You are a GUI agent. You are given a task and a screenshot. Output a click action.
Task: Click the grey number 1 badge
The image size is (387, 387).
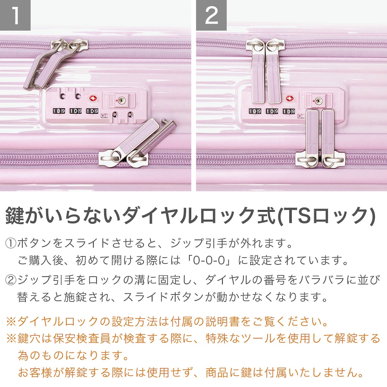(15, 15)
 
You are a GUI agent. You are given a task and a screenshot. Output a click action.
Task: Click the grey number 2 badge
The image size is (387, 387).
(212, 15)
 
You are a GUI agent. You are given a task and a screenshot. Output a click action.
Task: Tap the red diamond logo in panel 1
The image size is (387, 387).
(93, 99)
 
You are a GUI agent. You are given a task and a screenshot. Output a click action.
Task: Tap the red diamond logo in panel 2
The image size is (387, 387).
(289, 99)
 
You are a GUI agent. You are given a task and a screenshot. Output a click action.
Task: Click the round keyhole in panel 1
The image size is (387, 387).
(122, 100)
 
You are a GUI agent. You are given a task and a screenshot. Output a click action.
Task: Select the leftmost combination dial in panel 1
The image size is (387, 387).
(59, 111)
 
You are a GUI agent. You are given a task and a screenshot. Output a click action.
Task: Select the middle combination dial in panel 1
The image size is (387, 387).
(75, 111)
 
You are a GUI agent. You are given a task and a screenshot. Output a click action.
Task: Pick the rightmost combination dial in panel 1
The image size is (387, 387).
(92, 111)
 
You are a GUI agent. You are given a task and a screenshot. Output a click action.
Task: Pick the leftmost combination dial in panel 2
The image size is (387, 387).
(255, 111)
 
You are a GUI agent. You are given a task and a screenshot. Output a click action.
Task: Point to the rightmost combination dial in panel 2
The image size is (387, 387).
(289, 111)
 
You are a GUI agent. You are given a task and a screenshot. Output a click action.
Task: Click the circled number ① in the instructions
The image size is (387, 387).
(11, 244)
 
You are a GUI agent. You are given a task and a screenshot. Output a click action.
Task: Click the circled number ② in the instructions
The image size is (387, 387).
(11, 280)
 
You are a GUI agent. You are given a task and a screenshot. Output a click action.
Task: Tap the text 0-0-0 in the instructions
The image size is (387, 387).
(209, 260)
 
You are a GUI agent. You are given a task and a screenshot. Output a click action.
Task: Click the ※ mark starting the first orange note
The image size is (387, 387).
(11, 322)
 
